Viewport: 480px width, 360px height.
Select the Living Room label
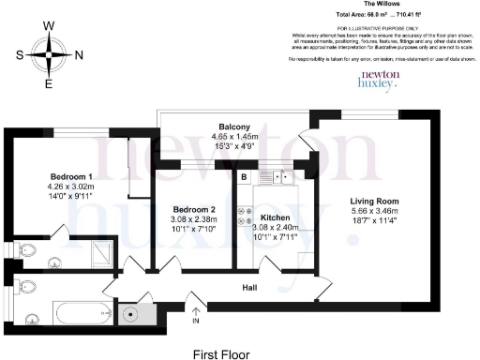coord(375,201)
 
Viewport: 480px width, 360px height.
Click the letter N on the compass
coord(79,54)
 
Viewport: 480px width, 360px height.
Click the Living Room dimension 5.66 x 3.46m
coord(375,212)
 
